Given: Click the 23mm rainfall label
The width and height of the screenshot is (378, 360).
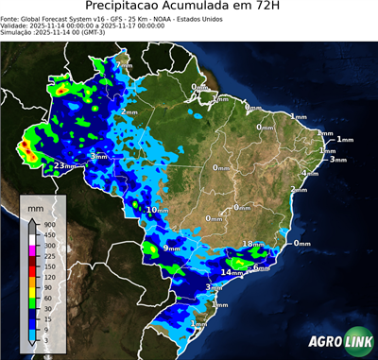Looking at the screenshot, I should pyautogui.click(x=64, y=166).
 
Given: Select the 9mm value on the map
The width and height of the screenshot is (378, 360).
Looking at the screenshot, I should pyautogui.click(x=171, y=248).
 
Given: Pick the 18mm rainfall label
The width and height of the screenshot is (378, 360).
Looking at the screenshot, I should pyautogui.click(x=253, y=244).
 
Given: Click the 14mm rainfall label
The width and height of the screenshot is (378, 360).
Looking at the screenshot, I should pyautogui.click(x=232, y=272).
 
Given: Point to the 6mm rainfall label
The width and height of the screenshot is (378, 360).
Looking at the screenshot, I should pyautogui.click(x=260, y=268).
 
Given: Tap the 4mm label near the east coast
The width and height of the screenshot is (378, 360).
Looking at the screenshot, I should pyautogui.click(x=309, y=174).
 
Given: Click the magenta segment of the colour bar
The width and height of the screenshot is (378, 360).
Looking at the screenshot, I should pyautogui.click(x=31, y=250).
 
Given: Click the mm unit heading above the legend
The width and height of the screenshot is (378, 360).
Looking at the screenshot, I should pyautogui.click(x=37, y=204).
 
